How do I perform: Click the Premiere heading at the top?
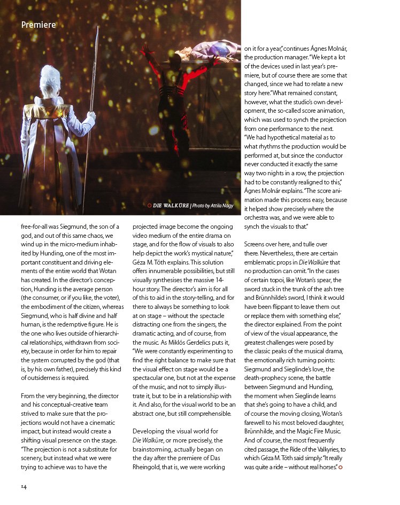39,24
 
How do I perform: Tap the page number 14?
24,486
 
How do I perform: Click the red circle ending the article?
341,468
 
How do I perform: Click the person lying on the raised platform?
206,52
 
